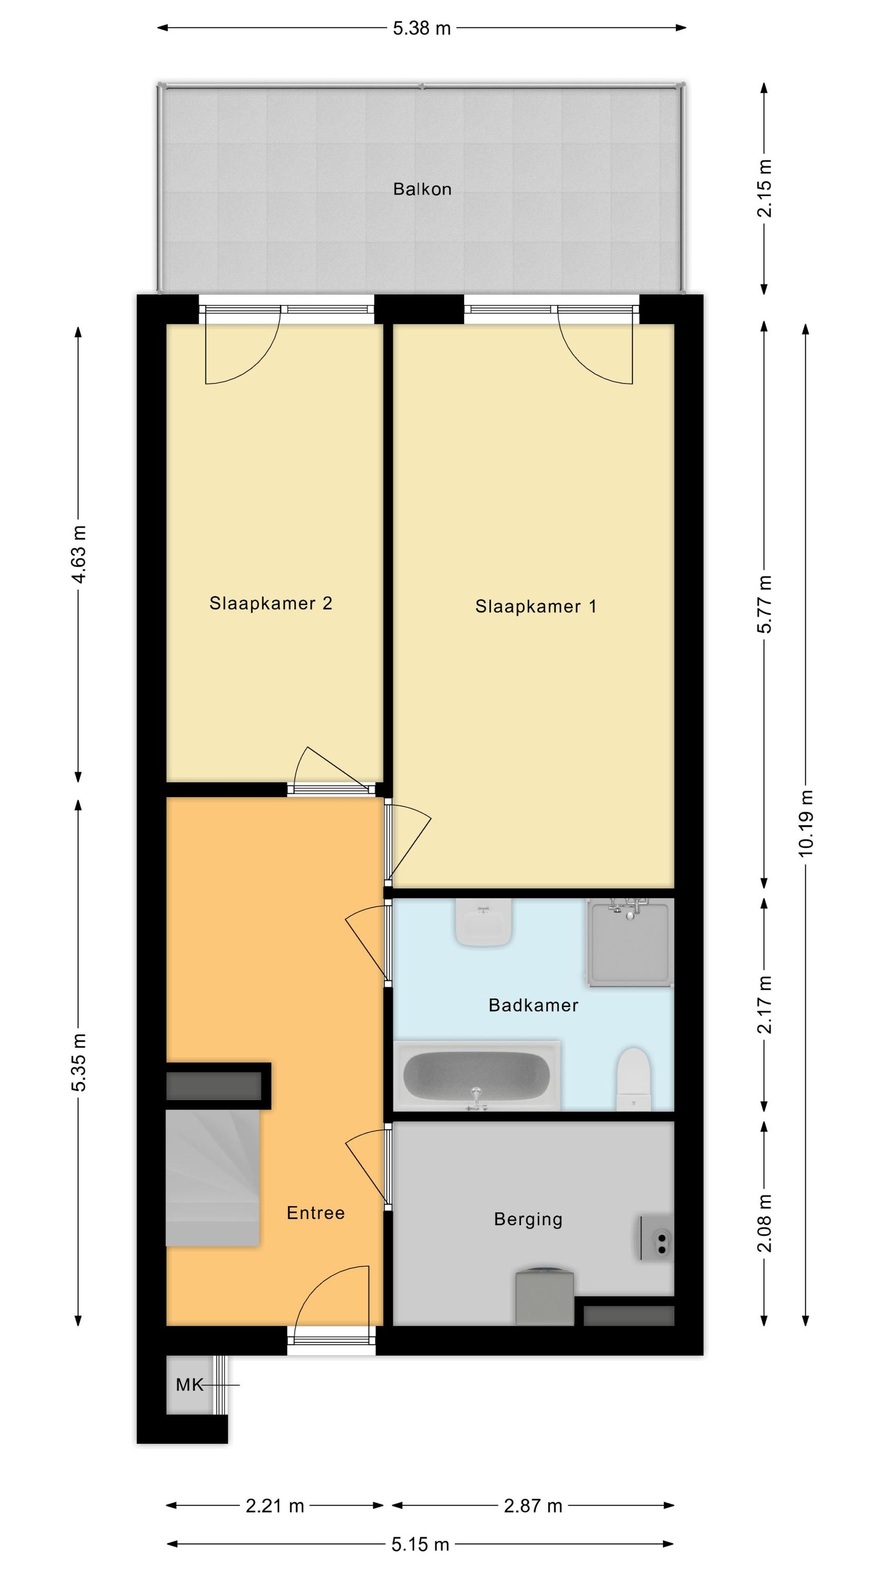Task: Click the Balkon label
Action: pos(422,189)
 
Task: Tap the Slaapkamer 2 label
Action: pos(271,604)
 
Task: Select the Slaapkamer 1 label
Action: pos(536,607)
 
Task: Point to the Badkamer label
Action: pos(533,1005)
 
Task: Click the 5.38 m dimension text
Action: pos(422,28)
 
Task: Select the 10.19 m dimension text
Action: pos(806,823)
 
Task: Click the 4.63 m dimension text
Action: pos(79,554)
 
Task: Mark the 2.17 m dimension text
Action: pos(765,1005)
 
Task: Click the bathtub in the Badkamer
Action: pos(477,1076)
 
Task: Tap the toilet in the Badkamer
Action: pos(634,1079)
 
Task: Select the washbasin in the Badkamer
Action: pos(483,922)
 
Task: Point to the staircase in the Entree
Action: pos(212,1178)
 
